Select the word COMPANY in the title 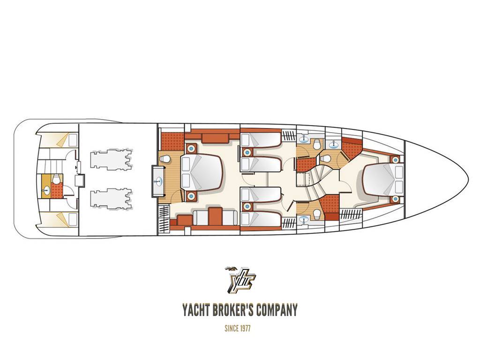[277, 310]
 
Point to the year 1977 [245, 329]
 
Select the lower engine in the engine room [112, 200]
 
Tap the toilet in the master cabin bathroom [165, 159]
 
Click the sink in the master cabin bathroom [158, 181]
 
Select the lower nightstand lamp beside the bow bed [396, 199]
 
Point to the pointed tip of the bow [468, 179]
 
